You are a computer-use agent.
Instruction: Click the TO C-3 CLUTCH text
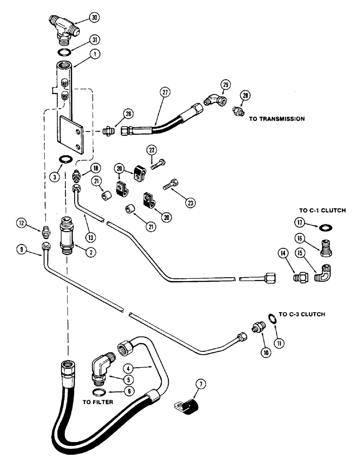point(302,315)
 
